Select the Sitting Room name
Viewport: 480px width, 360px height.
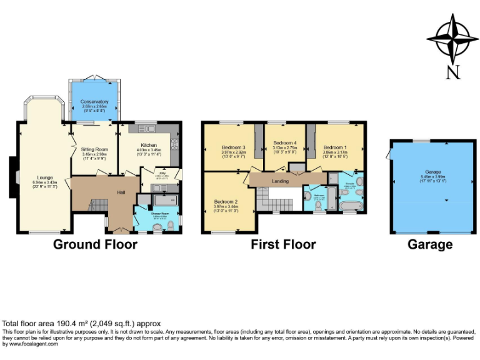(x=94, y=149)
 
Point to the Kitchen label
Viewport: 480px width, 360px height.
(x=148, y=145)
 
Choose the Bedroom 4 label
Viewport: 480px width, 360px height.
(x=284, y=142)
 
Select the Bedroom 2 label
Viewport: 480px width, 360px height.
(x=226, y=202)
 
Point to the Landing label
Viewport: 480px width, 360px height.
(x=279, y=181)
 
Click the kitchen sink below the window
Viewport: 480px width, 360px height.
(x=147, y=129)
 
